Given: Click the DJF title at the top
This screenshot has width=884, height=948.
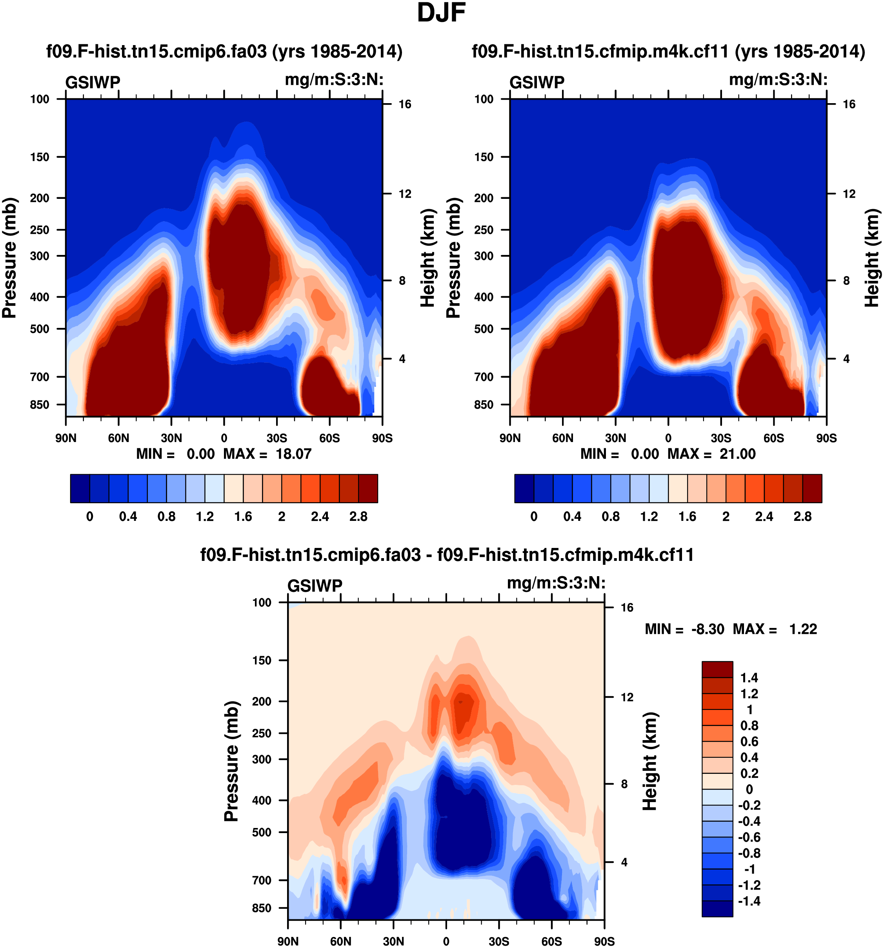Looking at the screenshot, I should (441, 13).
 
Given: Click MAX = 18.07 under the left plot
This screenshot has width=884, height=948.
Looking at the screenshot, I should (267, 453).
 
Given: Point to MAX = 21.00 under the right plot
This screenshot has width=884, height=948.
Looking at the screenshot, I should (711, 453).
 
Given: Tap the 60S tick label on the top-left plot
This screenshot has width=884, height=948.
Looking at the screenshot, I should (329, 438).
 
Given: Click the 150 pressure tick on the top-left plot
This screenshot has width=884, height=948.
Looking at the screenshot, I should (40, 157).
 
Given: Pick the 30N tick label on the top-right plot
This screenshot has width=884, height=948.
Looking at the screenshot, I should (616, 438).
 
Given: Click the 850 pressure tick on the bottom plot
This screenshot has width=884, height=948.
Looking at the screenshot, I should (262, 908).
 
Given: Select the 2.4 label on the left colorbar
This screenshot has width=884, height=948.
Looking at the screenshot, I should (320, 517).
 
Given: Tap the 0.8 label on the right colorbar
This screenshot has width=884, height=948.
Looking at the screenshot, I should (611, 517).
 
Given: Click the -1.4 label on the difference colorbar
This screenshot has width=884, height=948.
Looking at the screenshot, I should (749, 901).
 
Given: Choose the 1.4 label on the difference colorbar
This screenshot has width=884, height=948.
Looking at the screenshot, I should (749, 678).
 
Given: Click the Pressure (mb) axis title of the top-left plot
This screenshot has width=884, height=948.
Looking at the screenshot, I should (9, 258).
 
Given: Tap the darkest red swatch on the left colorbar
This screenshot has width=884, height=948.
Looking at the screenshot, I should (368, 488).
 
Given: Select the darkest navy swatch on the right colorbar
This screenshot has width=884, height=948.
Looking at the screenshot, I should (524, 488).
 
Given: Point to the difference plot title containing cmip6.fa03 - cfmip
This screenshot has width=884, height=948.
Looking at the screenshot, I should (447, 555).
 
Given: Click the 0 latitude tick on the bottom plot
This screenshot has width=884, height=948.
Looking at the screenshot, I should (446, 941).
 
